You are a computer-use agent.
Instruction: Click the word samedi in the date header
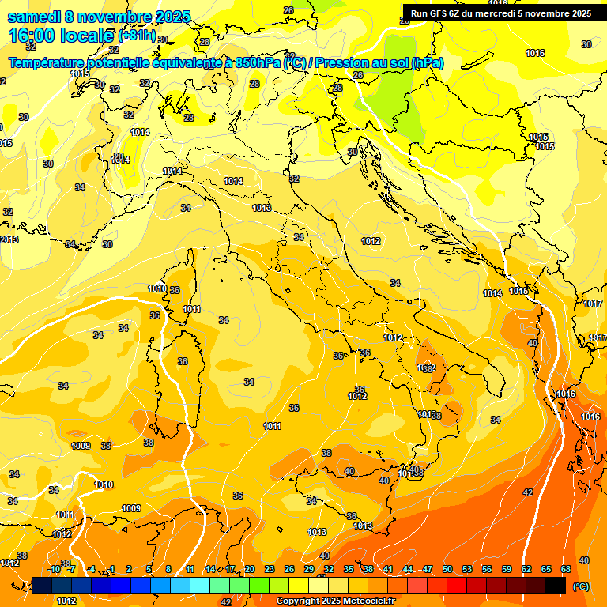pyautogui.click(x=32, y=16)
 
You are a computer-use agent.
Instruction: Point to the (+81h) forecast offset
pyautogui.click(x=136, y=36)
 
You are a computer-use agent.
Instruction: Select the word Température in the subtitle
pyautogui.click(x=48, y=62)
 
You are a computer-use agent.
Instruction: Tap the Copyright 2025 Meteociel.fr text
pyautogui.click(x=335, y=601)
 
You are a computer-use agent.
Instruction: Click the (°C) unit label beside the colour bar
pyautogui.click(x=580, y=586)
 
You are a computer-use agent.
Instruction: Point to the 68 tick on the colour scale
pyautogui.click(x=566, y=569)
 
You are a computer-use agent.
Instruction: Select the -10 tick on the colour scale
pyautogui.click(x=54, y=569)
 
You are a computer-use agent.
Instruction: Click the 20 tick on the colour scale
pyautogui.click(x=250, y=569)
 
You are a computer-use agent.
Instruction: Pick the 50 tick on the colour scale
pyautogui.click(x=447, y=569)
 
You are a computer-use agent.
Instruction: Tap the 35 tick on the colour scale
pyautogui.click(x=349, y=569)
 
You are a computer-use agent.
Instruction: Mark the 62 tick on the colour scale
pyautogui.click(x=526, y=569)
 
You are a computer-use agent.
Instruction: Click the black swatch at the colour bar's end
pyautogui.click(x=556, y=585)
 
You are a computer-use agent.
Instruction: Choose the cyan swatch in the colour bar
pyautogui.click(x=199, y=585)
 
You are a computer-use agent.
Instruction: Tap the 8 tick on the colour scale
pyautogui.click(x=168, y=569)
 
